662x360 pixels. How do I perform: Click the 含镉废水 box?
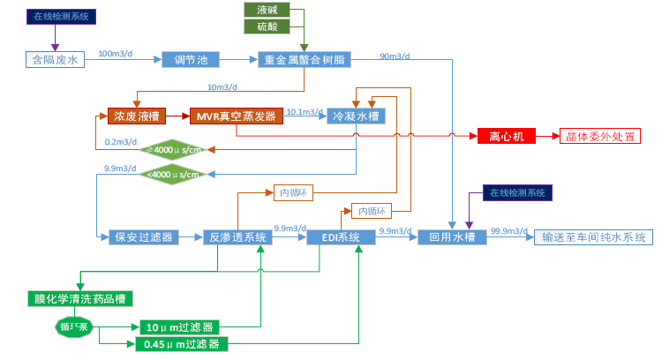[x=55, y=60]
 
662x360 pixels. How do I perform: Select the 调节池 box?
[x=190, y=60]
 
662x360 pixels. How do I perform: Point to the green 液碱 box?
[x=266, y=11]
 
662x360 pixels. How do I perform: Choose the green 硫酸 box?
[x=266, y=26]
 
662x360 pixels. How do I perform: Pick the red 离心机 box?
[x=507, y=137]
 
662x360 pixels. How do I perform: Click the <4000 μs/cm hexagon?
[x=177, y=174]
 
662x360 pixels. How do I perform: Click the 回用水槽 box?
[x=452, y=237]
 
